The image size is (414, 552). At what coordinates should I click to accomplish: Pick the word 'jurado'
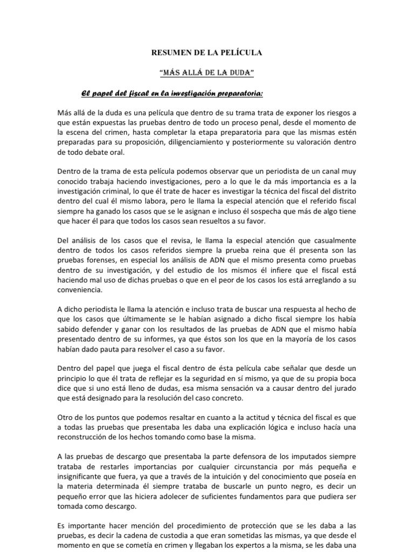tap(344, 388)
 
